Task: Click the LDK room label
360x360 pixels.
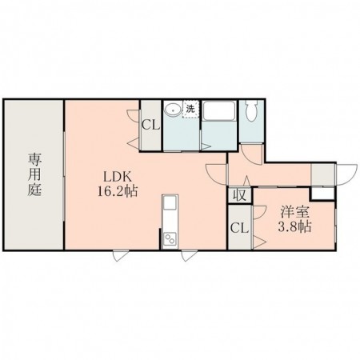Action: (x=118, y=176)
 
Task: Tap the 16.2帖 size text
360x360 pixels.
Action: (x=118, y=191)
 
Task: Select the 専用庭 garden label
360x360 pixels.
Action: (x=34, y=174)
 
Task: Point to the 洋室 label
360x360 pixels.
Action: (x=294, y=212)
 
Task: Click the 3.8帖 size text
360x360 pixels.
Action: (x=294, y=226)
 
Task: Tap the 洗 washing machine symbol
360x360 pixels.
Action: (x=190, y=109)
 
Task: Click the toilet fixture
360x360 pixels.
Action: (x=251, y=110)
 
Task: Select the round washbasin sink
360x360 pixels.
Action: (x=173, y=109)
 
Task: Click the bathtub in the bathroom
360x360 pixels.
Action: (x=219, y=111)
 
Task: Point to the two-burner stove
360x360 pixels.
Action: (x=170, y=238)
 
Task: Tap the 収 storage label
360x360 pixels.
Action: (x=240, y=196)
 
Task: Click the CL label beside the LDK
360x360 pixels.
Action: (x=150, y=125)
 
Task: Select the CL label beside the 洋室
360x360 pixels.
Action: (x=240, y=228)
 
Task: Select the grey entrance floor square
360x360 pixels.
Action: (x=322, y=174)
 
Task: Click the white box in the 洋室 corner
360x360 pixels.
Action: (x=322, y=194)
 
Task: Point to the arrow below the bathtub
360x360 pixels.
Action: (x=206, y=146)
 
